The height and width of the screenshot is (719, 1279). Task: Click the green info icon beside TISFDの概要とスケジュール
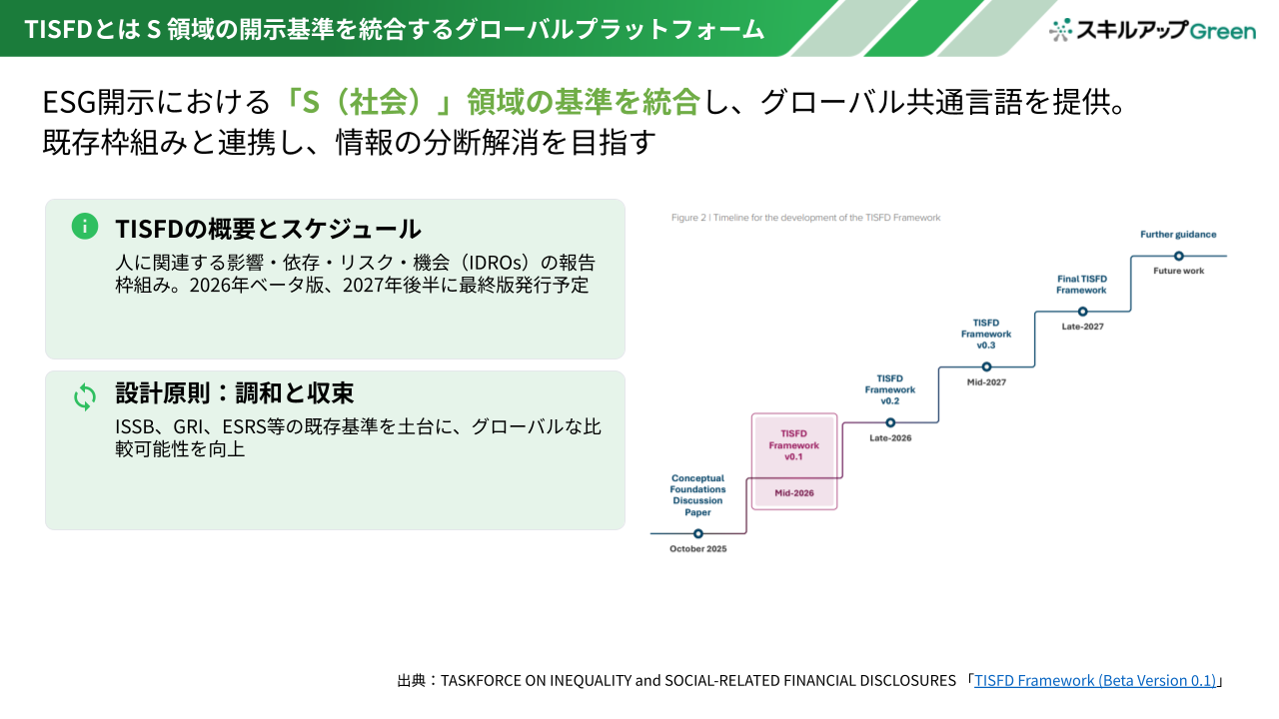pos(85,226)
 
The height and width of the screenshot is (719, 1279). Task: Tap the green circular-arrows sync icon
pos(85,396)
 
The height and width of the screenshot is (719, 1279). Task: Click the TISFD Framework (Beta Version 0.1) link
pos(1094,680)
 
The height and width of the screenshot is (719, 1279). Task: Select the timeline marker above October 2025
pos(697,533)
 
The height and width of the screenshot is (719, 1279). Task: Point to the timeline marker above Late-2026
pos(890,422)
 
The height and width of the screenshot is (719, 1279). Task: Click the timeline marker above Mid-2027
pos(986,366)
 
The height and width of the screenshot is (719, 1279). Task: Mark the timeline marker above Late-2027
pos(1082,312)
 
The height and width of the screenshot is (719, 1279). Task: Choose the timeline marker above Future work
pos(1178,257)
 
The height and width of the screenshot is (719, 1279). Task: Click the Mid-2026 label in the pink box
pos(794,493)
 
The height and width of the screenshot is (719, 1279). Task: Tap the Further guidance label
pos(1178,235)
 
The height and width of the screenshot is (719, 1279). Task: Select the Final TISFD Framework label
pos(1081,285)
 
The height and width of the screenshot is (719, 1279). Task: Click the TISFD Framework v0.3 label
pos(986,334)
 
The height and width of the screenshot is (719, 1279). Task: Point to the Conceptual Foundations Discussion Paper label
pos(697,494)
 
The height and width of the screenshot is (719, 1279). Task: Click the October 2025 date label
pos(697,549)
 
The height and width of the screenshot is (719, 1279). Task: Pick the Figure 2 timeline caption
pos(805,218)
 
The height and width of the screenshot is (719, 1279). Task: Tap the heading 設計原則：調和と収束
pos(235,392)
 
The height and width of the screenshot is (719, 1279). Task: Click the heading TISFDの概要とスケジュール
pos(269,229)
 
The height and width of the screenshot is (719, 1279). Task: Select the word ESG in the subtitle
pos(70,102)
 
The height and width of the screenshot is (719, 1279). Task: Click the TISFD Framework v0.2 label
pos(889,389)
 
